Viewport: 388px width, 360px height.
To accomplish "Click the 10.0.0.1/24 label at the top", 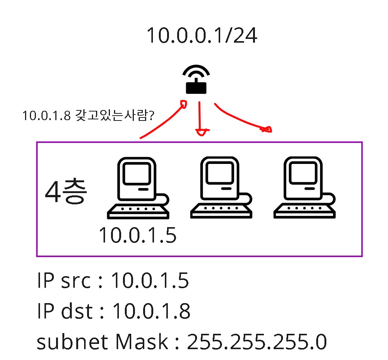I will (201, 36).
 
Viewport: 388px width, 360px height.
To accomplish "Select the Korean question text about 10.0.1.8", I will (88, 116).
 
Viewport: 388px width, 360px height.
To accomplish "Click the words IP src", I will (64, 281).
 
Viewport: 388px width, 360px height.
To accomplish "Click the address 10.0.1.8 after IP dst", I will (151, 311).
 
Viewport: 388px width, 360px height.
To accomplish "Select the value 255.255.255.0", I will (257, 342).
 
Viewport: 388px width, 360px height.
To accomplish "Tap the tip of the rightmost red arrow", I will (268, 130).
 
